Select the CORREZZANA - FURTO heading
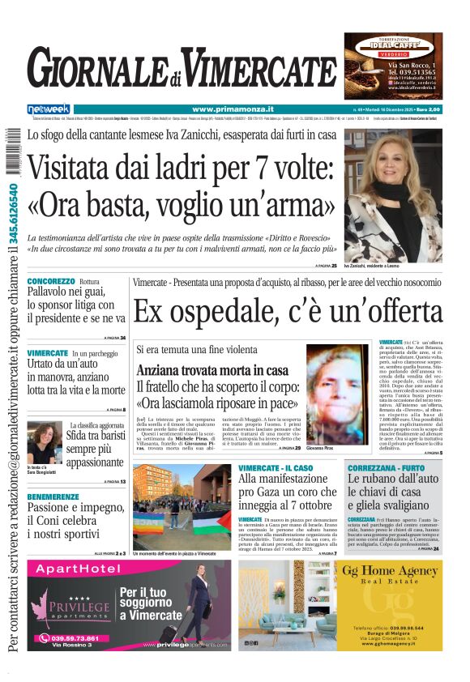[387, 468]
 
